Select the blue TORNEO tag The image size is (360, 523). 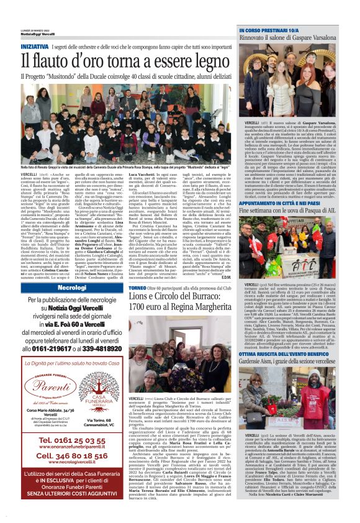coord(138,288)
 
